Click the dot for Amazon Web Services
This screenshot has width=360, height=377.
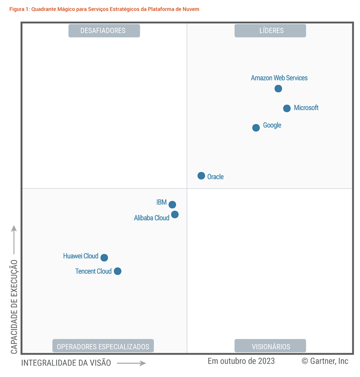[278, 89]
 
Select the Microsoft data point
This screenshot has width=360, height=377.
[287, 108]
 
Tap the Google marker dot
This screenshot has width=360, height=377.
[256, 128]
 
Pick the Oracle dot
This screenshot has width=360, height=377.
[201, 176]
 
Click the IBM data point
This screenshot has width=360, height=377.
[172, 205]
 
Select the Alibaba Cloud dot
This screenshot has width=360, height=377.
[175, 214]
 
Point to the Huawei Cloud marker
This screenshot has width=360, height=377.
[104, 258]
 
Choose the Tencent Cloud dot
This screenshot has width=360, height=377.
[118, 271]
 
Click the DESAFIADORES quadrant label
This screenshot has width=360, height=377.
[104, 31]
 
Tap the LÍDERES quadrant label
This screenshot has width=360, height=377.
[270, 31]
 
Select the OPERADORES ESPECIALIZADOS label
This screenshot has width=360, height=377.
[103, 346]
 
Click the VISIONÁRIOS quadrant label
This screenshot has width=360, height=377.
[270, 346]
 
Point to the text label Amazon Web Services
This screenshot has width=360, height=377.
[279, 78]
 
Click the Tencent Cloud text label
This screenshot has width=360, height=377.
[93, 271]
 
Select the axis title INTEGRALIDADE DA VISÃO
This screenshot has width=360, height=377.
[66, 363]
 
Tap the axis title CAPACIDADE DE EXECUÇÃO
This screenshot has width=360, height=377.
[14, 307]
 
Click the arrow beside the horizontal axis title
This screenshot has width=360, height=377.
[131, 363]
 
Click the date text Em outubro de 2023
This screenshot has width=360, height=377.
[241, 361]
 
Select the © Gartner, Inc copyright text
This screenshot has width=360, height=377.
[325, 361]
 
